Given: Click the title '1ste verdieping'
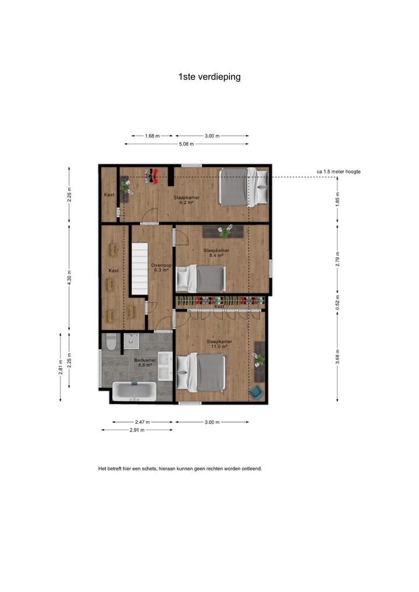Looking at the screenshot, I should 210,76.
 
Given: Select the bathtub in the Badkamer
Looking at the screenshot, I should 134,391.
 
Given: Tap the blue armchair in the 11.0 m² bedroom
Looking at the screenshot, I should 255,392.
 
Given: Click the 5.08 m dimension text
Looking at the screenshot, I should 186,144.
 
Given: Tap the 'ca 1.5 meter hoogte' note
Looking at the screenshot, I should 339,172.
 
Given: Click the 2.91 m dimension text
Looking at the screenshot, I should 137,430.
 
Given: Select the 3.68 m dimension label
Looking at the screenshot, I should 338,355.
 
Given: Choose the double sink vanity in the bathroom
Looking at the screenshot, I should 165,366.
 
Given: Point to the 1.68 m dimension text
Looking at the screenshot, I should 152,136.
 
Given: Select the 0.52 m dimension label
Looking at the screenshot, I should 338,301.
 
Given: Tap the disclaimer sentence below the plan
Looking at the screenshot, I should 180,467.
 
